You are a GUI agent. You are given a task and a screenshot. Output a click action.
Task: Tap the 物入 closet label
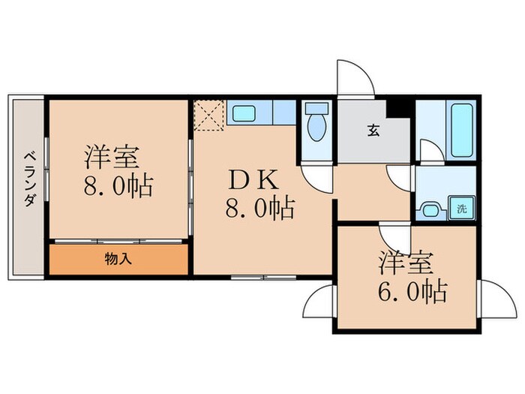(117, 259)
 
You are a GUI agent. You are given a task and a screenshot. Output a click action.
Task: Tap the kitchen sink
(244, 114)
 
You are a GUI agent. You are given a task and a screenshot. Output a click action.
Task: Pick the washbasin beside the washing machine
(430, 210)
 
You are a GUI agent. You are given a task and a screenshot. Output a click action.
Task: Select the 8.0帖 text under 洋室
(119, 185)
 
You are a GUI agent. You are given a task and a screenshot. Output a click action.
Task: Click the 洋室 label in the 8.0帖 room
(110, 156)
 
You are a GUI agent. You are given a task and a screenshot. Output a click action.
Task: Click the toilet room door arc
(319, 178)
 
